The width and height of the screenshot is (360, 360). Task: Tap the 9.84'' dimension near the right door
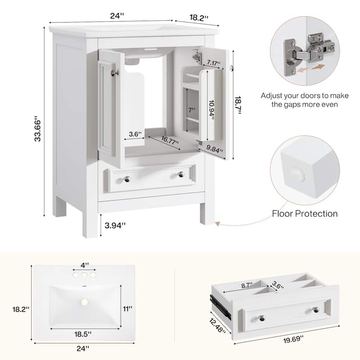click(x=215, y=148)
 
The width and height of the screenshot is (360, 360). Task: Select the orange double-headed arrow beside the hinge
click(x=312, y=69)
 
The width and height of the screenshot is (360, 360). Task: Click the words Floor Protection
click(x=305, y=213)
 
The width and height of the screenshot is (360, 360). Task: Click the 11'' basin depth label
click(x=128, y=309)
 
